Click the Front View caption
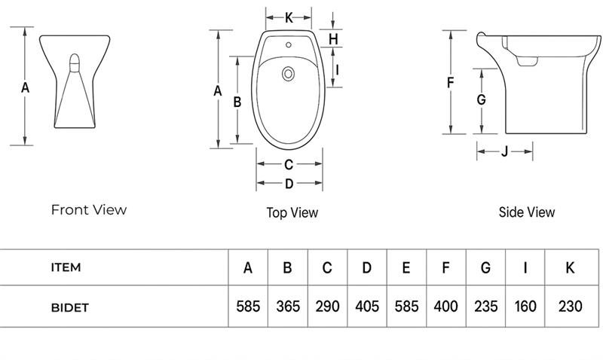(89, 210)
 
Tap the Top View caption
(292, 213)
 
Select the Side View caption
(527, 212)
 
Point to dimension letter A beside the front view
(25, 87)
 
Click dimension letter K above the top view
(289, 17)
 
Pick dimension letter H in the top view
(333, 38)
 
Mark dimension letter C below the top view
(289, 165)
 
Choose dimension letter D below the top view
(289, 184)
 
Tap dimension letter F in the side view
(450, 83)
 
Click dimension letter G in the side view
(481, 99)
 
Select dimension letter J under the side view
(504, 152)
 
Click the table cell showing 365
(288, 307)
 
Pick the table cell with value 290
(327, 307)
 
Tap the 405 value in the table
(367, 307)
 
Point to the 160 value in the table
(525, 307)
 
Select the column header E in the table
(406, 267)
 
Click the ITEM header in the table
(66, 267)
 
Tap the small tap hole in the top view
(289, 44)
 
